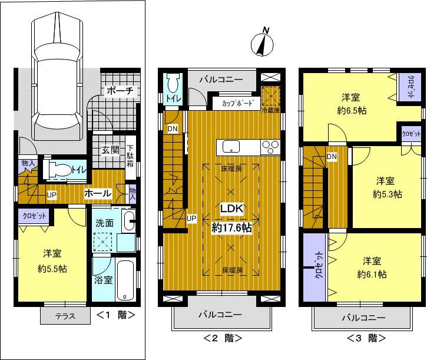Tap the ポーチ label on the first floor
121,91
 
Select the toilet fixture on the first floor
58,169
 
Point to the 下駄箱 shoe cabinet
130,156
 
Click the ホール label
97,193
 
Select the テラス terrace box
65,315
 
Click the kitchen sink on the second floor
230,146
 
